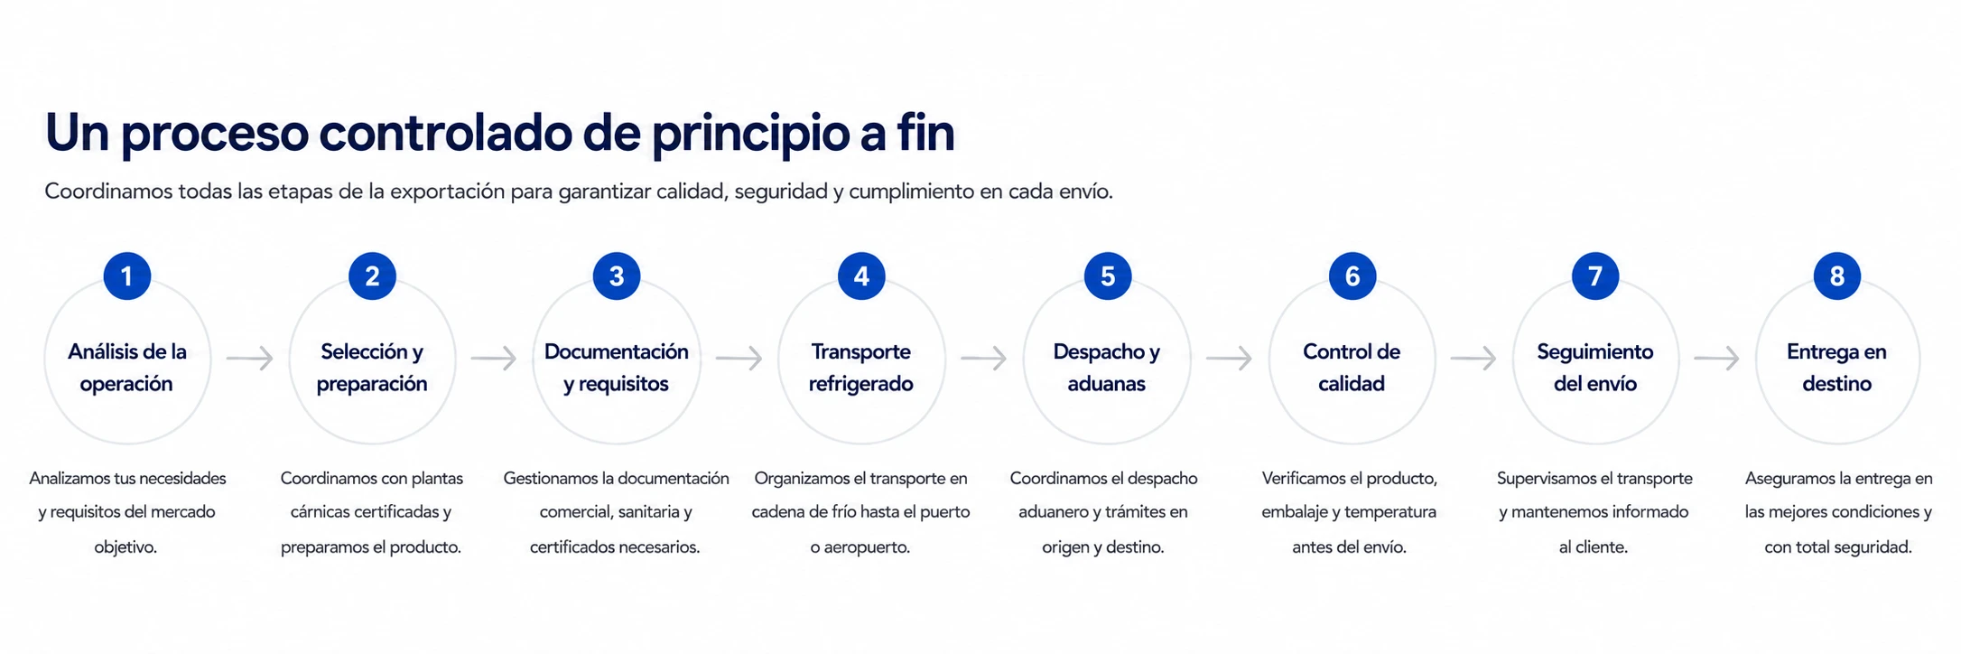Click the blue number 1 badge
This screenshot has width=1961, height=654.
click(x=127, y=276)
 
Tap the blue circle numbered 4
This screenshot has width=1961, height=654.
click(x=861, y=276)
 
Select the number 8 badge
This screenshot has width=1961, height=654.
click(x=1837, y=276)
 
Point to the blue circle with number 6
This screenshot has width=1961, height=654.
click(x=1352, y=276)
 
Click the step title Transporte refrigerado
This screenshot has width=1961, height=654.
click(x=861, y=368)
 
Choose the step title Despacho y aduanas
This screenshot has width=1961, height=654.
click(x=1107, y=368)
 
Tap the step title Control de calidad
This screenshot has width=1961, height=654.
click(x=1352, y=368)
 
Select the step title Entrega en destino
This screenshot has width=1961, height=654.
click(x=1836, y=368)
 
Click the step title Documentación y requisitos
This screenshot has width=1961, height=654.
click(x=617, y=368)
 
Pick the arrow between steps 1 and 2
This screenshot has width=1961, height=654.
click(x=250, y=359)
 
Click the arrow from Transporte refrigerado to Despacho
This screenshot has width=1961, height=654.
click(x=984, y=359)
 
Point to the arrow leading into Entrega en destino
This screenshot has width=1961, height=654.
click(x=1717, y=359)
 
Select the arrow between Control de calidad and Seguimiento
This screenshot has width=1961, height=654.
click(x=1474, y=359)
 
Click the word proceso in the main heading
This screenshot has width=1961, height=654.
click(x=215, y=134)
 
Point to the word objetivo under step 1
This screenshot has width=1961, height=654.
click(x=125, y=547)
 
